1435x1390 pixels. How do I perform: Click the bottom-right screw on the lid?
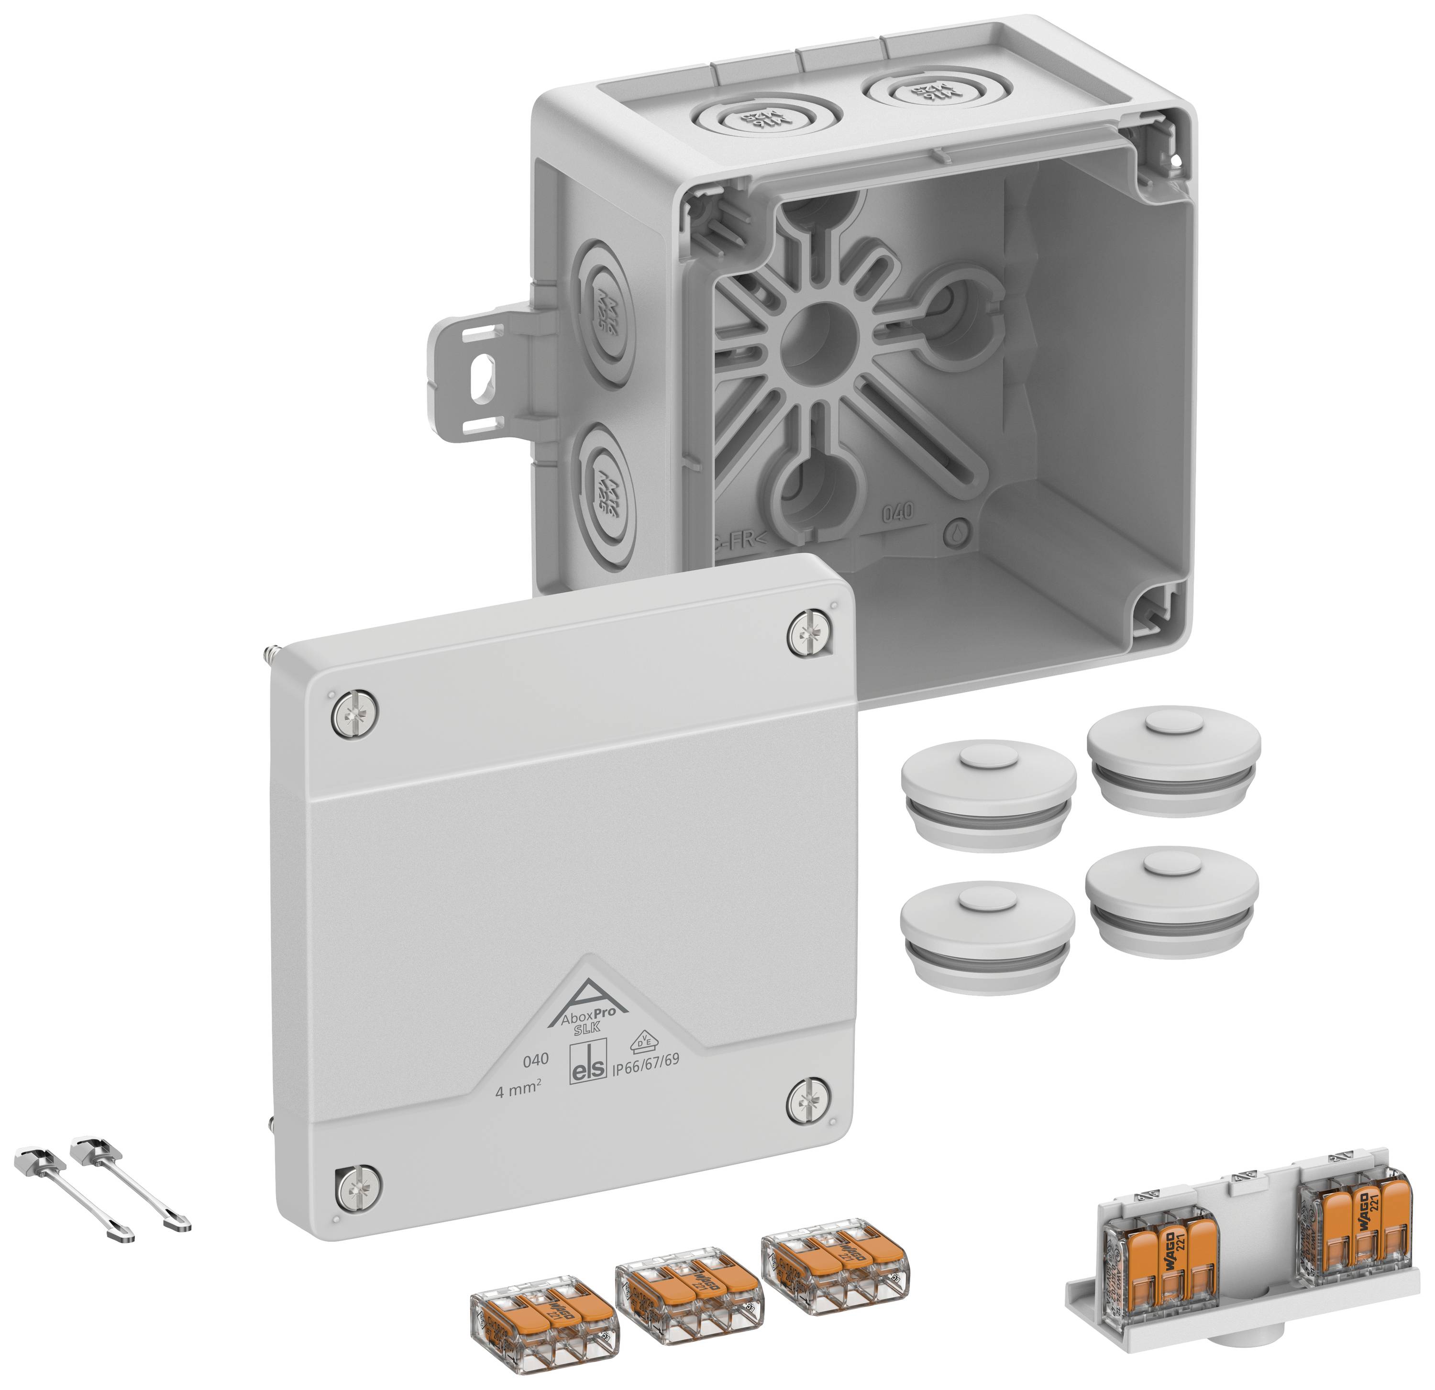(808, 1100)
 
